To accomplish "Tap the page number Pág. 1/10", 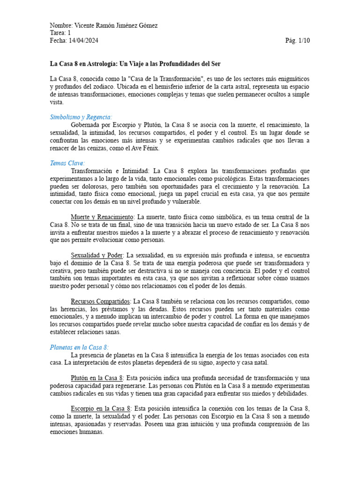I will click(297, 40).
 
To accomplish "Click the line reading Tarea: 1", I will click(60, 33).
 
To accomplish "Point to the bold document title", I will click(135, 63).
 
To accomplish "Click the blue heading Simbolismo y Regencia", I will click(81, 117).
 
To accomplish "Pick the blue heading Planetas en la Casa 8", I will click(79, 347).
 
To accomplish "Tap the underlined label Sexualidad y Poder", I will click(97, 255).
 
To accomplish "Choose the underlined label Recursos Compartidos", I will click(100, 301).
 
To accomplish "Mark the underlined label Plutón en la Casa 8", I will click(97, 378).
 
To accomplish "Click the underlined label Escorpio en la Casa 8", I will click(100, 408).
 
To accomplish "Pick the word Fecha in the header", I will click(59, 40).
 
